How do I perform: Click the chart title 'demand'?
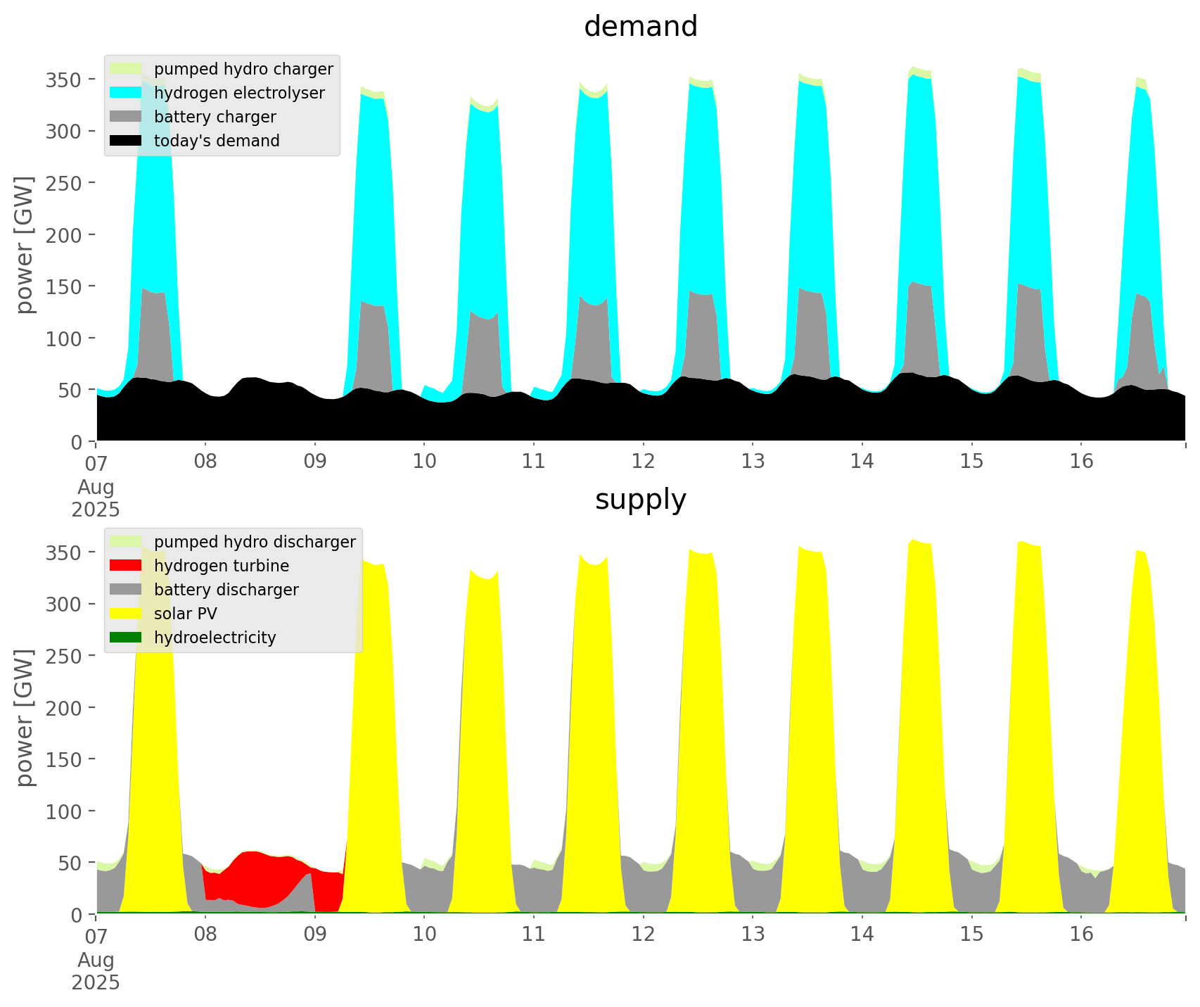click(x=640, y=27)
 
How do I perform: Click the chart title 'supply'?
click(x=640, y=500)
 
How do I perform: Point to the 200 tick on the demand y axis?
click(x=63, y=234)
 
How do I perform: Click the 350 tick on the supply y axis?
click(x=63, y=552)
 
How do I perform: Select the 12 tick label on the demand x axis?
click(x=643, y=462)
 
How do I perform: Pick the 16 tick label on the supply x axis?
click(x=1081, y=935)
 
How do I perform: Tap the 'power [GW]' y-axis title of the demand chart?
click(x=25, y=244)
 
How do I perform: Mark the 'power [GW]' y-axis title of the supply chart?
click(x=25, y=717)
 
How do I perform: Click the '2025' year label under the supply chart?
click(x=96, y=982)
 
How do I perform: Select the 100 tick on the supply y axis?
click(x=63, y=811)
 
